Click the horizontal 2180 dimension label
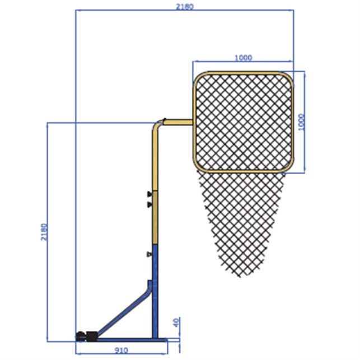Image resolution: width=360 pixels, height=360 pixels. pyautogui.click(x=185, y=7)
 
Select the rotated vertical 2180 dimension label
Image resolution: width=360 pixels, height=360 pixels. pyautogui.click(x=44, y=232)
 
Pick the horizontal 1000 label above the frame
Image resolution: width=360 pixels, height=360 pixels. pyautogui.click(x=244, y=58)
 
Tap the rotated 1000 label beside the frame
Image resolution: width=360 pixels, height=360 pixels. pyautogui.click(x=301, y=122)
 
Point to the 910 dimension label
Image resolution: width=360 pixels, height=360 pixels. pyautogui.click(x=121, y=350)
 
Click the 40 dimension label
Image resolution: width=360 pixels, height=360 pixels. pyautogui.click(x=176, y=323)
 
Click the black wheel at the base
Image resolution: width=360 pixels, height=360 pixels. pyautogui.click(x=81, y=336)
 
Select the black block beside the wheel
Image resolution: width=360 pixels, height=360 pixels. pyautogui.click(x=91, y=336)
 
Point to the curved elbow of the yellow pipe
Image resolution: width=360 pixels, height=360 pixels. pyautogui.click(x=157, y=125)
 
